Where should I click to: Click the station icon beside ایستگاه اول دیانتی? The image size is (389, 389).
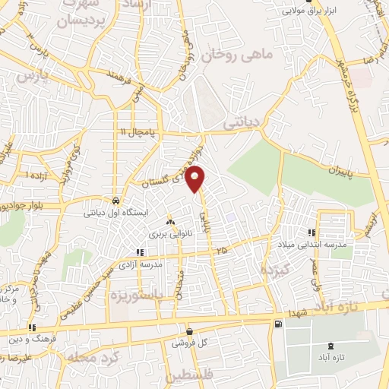point(115,201)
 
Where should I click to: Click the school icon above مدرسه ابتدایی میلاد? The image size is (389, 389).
point(311,232)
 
